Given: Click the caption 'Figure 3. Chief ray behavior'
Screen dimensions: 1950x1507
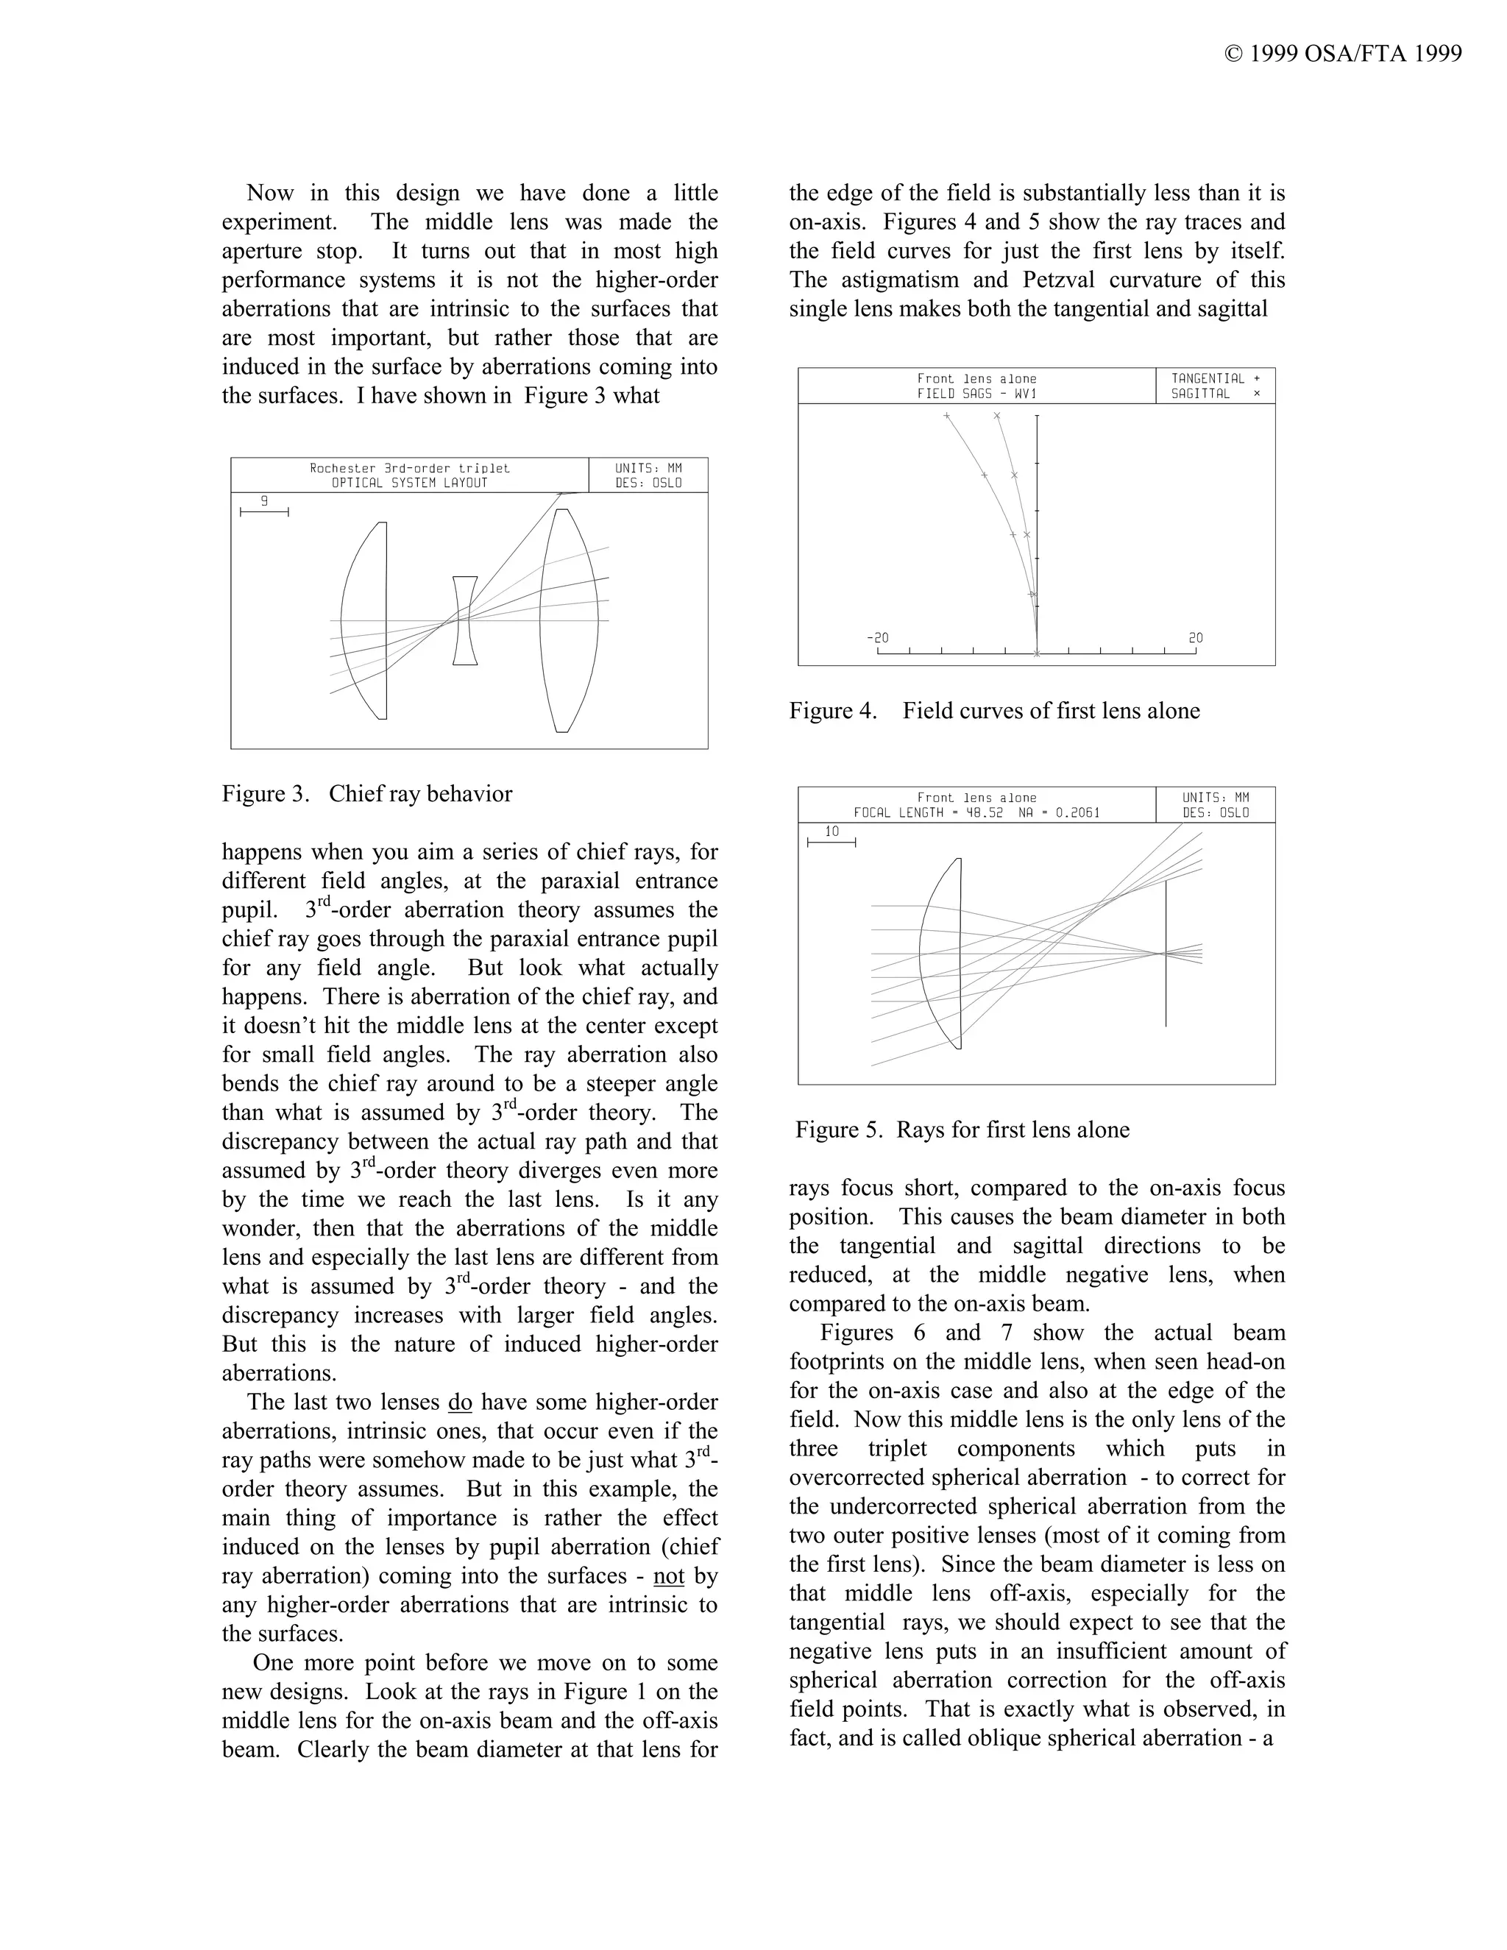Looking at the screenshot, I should click(367, 794).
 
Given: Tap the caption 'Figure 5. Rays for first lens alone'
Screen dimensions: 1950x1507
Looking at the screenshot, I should click(962, 1130).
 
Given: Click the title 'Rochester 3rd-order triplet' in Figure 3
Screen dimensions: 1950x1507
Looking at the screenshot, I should click(410, 468).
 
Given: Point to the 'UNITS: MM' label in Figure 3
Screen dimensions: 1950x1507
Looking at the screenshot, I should click(648, 468).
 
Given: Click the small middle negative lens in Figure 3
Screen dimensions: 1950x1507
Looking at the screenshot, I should click(464, 620).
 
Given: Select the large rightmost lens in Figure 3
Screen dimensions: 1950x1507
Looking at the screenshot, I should click(569, 620).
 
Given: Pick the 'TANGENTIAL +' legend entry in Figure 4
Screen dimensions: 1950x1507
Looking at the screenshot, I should click(1215, 378).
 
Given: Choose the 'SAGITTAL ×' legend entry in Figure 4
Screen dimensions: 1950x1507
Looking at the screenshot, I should click(1215, 394).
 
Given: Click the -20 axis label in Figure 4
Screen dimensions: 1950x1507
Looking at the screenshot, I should click(878, 637).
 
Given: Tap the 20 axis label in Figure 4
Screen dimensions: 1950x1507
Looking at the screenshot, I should click(1196, 637).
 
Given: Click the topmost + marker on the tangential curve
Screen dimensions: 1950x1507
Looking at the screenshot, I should click(947, 416).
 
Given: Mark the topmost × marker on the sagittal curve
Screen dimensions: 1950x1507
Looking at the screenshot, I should click(997, 416).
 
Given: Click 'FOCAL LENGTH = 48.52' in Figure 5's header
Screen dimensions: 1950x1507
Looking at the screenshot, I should click(928, 812).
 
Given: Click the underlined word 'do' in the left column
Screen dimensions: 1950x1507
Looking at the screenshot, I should click(460, 1403).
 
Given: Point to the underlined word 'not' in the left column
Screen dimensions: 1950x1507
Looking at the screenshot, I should click(669, 1577).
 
